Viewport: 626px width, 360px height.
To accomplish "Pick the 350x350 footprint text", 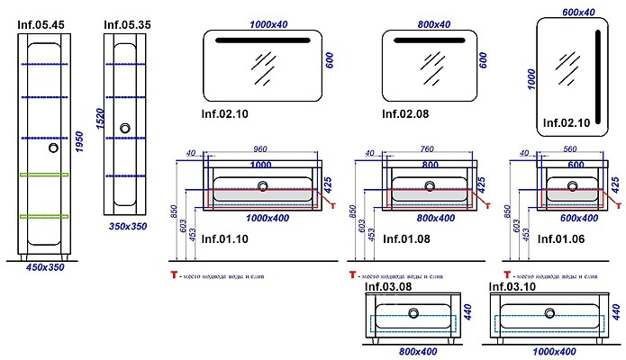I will tap(127, 228).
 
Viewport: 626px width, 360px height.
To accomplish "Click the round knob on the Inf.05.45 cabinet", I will tap(52, 149).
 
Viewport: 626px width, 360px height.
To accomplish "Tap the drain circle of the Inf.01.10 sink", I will tap(263, 187).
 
